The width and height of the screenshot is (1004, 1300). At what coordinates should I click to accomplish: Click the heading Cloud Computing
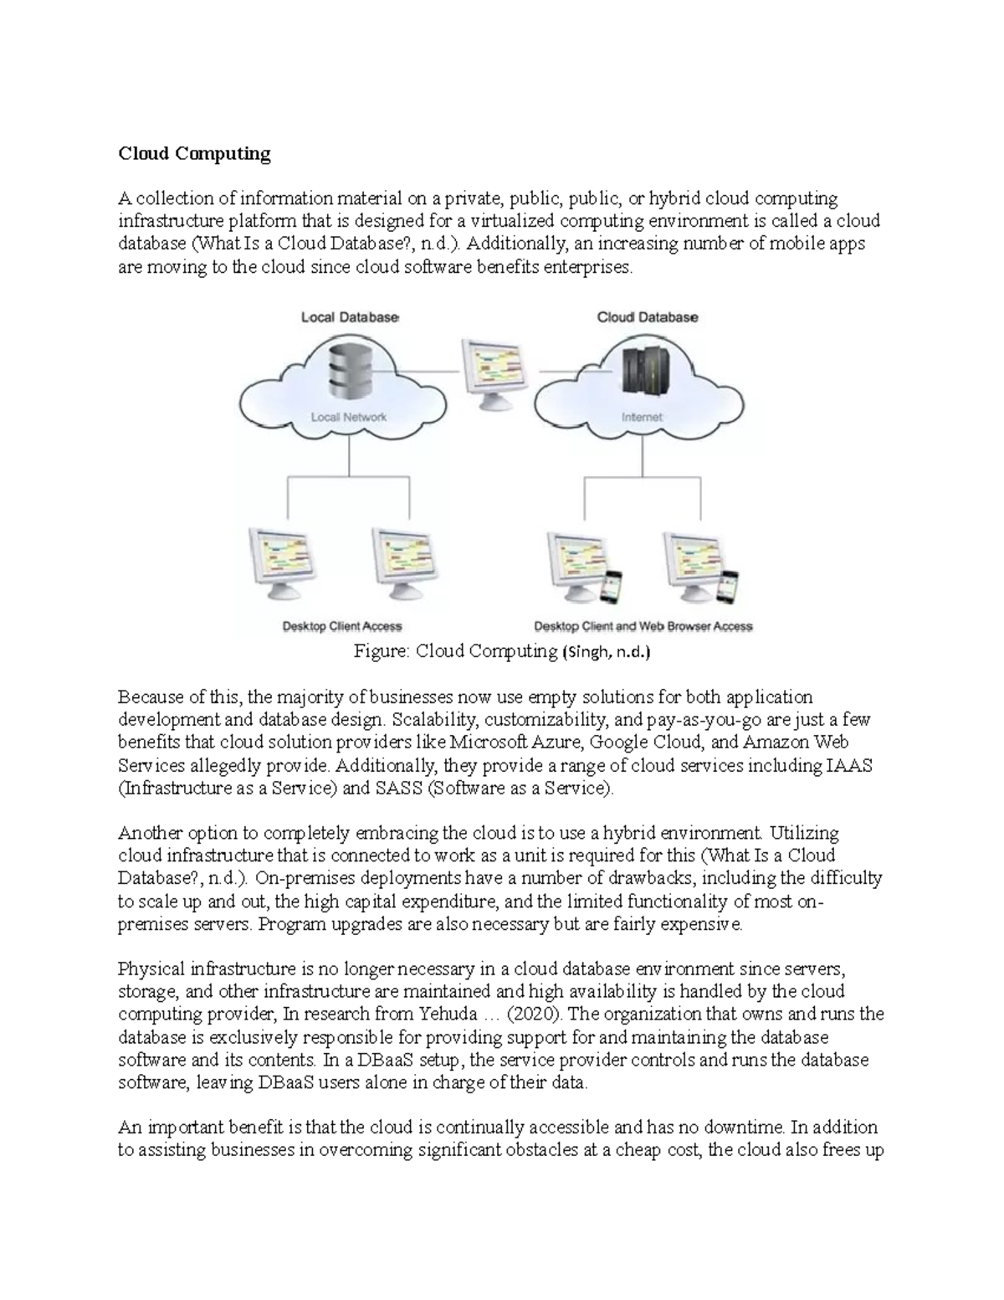pos(194,153)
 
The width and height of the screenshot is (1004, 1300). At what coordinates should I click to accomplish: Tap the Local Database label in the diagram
pos(350,317)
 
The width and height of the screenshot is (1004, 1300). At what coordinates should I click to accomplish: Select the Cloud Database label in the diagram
pos(647,317)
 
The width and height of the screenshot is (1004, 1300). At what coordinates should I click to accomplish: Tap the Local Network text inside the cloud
pos(349,417)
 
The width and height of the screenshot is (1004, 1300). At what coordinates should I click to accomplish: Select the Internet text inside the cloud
pos(642,417)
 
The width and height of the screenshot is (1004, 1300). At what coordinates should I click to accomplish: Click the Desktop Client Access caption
pos(341,626)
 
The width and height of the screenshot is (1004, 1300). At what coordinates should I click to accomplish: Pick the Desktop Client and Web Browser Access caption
pos(643,626)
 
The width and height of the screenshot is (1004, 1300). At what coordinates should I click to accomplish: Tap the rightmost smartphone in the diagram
pos(730,586)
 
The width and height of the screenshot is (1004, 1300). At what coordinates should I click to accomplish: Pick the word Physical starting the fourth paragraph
pos(151,969)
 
